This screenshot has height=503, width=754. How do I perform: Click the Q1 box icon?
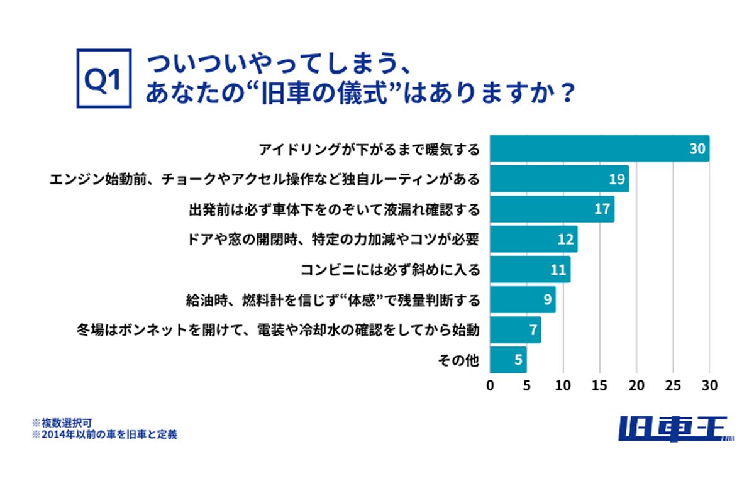point(104,79)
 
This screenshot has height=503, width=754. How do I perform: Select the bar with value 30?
point(599,148)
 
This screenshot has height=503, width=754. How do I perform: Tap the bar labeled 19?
point(559,179)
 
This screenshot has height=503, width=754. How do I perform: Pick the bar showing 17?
point(552,209)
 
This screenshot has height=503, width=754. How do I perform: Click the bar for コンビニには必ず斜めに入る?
point(529,270)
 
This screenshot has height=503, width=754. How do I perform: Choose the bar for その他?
point(507,360)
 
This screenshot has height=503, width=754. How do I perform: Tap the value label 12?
point(565,240)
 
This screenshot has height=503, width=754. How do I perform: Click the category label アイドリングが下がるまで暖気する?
point(370,149)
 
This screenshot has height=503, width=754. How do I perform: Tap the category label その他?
point(458,361)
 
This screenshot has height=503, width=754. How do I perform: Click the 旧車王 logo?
point(675,429)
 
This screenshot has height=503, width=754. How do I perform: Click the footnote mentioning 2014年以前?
point(104,434)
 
